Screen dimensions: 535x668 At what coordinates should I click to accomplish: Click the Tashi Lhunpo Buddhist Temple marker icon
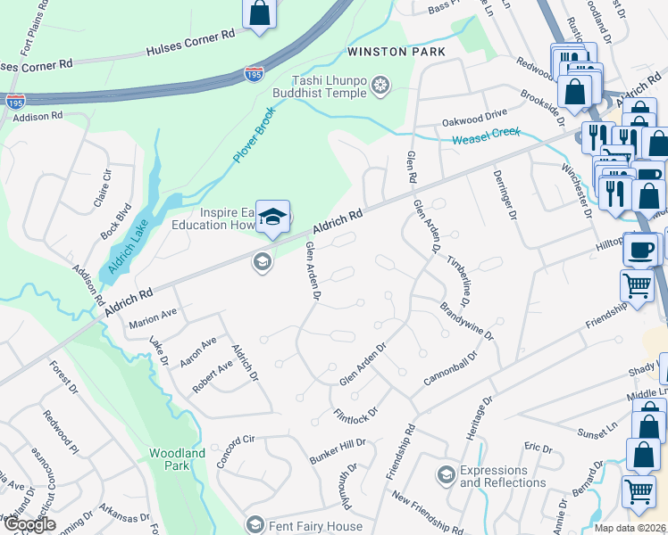[381, 86]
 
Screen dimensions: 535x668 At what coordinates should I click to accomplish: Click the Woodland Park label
[177, 459]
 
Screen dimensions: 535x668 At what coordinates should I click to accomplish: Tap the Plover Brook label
[255, 136]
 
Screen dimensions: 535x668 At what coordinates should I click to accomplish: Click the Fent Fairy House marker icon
[255, 526]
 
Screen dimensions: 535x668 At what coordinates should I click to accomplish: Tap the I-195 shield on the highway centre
[255, 77]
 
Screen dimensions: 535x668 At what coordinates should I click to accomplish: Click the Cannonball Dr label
[451, 368]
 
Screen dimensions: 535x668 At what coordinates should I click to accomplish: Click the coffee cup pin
[641, 249]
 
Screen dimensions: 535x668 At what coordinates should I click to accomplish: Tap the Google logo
[30, 524]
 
